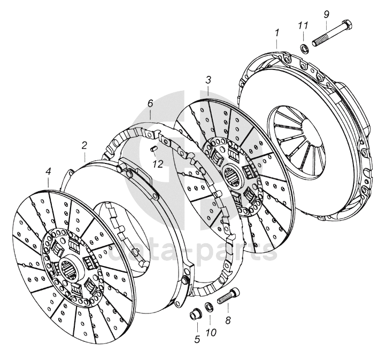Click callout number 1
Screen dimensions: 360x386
pyautogui.click(x=277, y=33)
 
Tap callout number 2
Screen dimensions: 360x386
pyautogui.click(x=84, y=145)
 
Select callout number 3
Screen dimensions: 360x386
pyautogui.click(x=208, y=80)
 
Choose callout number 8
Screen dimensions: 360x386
pyautogui.click(x=228, y=321)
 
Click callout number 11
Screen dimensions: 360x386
pyautogui.click(x=303, y=26)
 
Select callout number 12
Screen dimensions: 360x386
pyautogui.click(x=158, y=164)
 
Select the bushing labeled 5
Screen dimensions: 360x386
pyautogui.click(x=194, y=314)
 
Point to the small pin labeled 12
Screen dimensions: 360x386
pyautogui.click(x=152, y=148)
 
